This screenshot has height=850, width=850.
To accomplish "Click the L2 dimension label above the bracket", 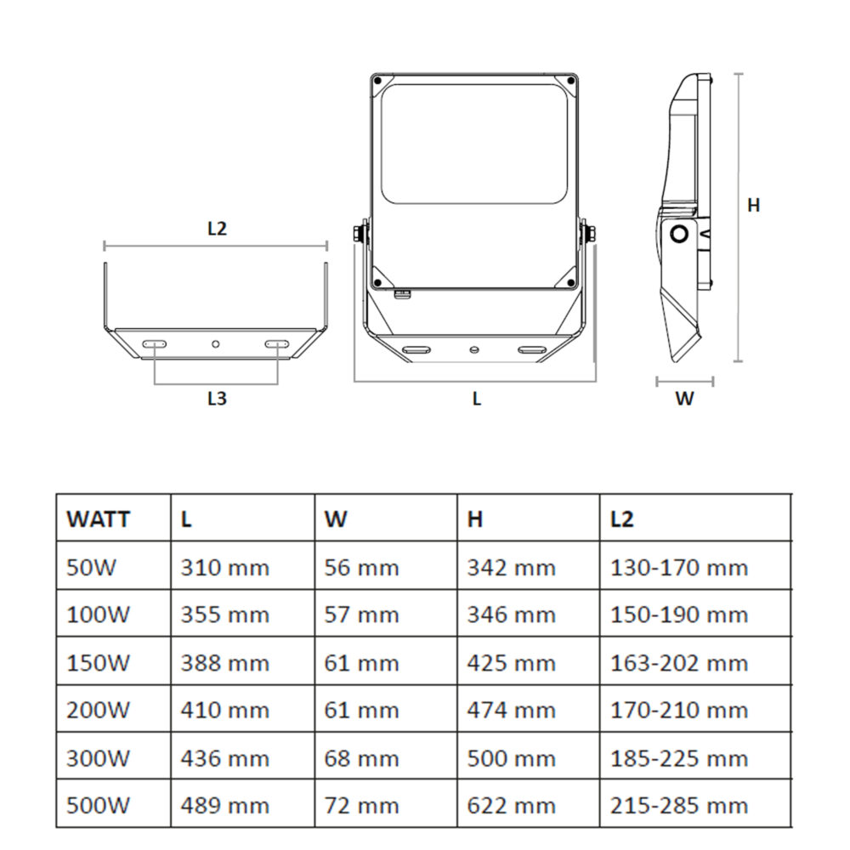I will [x=217, y=228].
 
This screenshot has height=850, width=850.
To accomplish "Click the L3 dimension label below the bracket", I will [x=217, y=398].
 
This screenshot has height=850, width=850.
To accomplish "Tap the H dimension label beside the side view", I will [x=753, y=205].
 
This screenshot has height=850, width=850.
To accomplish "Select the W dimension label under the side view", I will [x=684, y=398].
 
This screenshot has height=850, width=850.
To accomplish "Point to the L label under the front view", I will [x=477, y=398].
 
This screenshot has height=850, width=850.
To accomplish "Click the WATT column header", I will [x=99, y=518].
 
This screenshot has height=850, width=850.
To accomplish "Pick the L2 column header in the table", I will [x=622, y=518].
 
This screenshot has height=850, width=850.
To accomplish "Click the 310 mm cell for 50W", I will [x=224, y=567].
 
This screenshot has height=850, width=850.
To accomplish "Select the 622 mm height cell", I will [x=511, y=805].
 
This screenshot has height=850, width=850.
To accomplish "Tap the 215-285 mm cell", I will [x=678, y=805].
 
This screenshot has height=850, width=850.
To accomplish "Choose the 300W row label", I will [x=99, y=757].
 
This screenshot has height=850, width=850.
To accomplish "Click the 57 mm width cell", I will [x=361, y=615].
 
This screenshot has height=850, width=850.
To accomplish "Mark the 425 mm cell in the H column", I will [x=511, y=662].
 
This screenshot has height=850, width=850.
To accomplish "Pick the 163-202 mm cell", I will [x=678, y=662].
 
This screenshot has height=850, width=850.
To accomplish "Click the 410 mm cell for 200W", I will [x=224, y=710].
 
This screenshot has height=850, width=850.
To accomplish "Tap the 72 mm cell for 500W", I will [x=361, y=805].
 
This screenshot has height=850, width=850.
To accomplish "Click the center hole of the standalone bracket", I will [x=216, y=343].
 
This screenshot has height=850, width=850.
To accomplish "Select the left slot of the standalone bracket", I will [x=155, y=343].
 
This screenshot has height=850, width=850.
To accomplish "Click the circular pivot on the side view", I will [x=679, y=234].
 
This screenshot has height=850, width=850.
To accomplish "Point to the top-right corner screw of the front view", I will [x=569, y=82].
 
